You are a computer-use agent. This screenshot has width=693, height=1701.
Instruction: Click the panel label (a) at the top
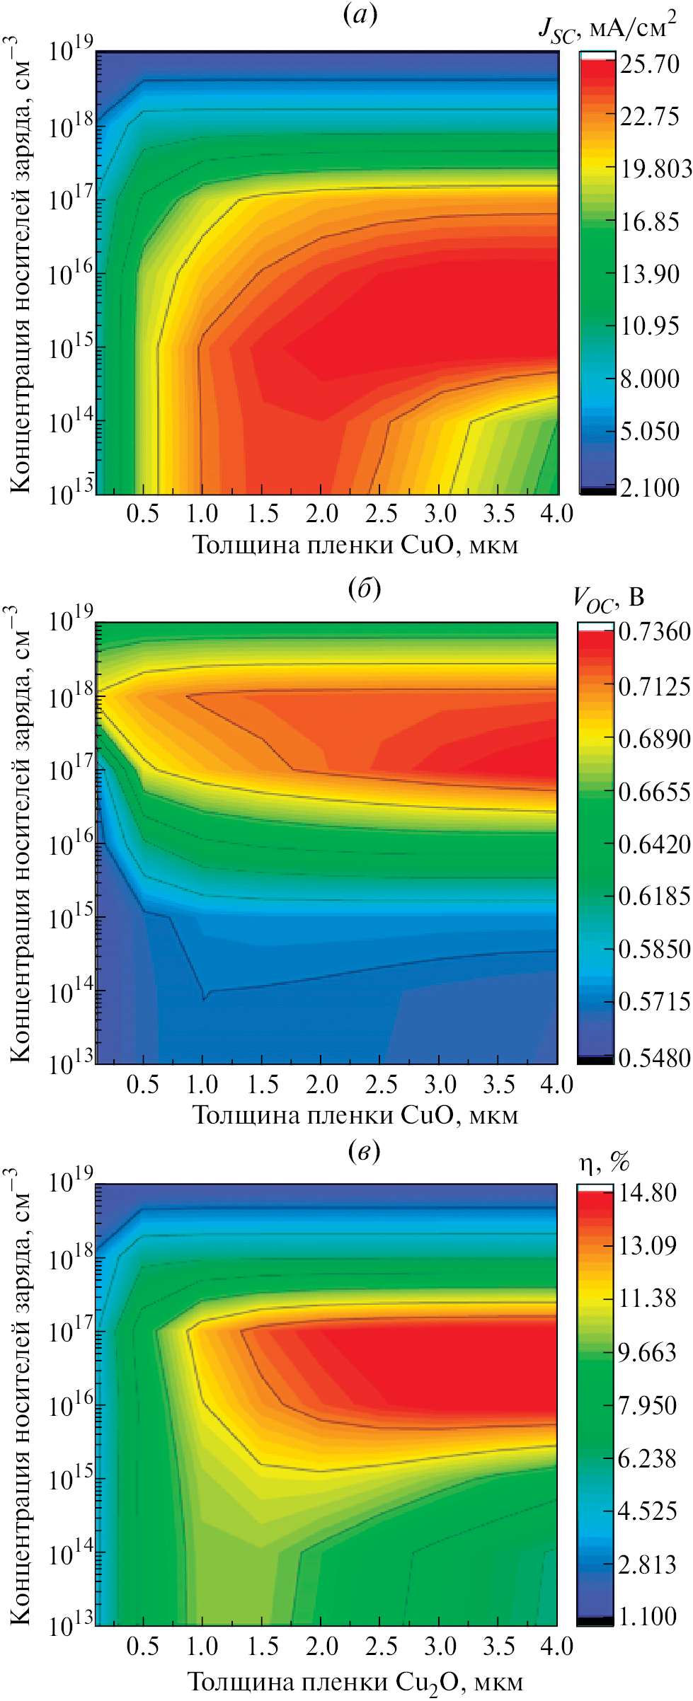pos(360,14)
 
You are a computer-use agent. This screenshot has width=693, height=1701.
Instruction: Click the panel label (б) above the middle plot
pos(365,588)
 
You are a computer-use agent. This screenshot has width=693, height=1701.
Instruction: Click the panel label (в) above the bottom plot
pos(365,1151)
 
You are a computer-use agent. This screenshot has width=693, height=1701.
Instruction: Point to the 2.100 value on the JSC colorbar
pos(649,487)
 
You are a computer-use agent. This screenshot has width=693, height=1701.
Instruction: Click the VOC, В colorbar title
pos(608,599)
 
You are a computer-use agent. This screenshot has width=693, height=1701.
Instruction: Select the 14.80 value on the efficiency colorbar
pos(648,1193)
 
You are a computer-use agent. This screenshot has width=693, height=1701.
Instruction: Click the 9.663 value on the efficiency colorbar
pos(648,1352)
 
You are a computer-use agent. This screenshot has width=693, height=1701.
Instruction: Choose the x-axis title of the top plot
pos(355,545)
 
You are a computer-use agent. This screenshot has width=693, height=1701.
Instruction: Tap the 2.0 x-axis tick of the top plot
pos(322,513)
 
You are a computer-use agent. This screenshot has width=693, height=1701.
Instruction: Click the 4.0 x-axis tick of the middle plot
pos(556,1084)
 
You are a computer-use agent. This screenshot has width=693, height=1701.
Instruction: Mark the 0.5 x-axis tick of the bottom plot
pos(142,1647)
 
